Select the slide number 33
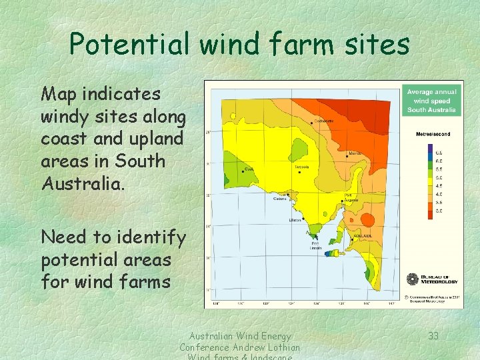(x=433, y=336)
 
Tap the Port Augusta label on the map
(x=352, y=197)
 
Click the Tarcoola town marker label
(x=302, y=167)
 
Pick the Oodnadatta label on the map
(x=323, y=121)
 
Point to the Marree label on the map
(x=355, y=153)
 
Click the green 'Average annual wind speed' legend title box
(x=431, y=101)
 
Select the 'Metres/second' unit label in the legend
(x=433, y=134)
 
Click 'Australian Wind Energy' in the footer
(x=239, y=336)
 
